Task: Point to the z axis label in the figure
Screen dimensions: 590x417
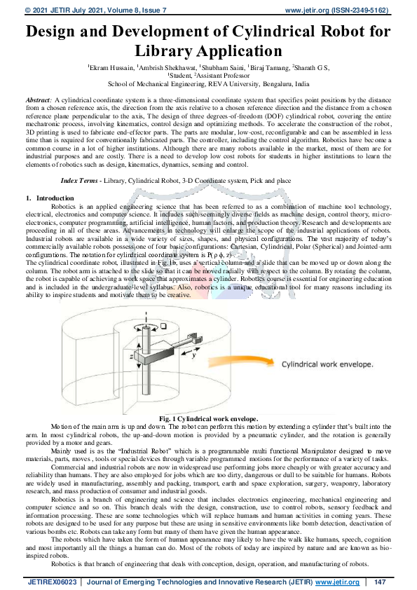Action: [x=132, y=357]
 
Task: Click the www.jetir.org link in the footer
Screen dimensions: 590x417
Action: [x=336, y=582]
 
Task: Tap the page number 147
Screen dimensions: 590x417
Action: [x=381, y=582]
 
